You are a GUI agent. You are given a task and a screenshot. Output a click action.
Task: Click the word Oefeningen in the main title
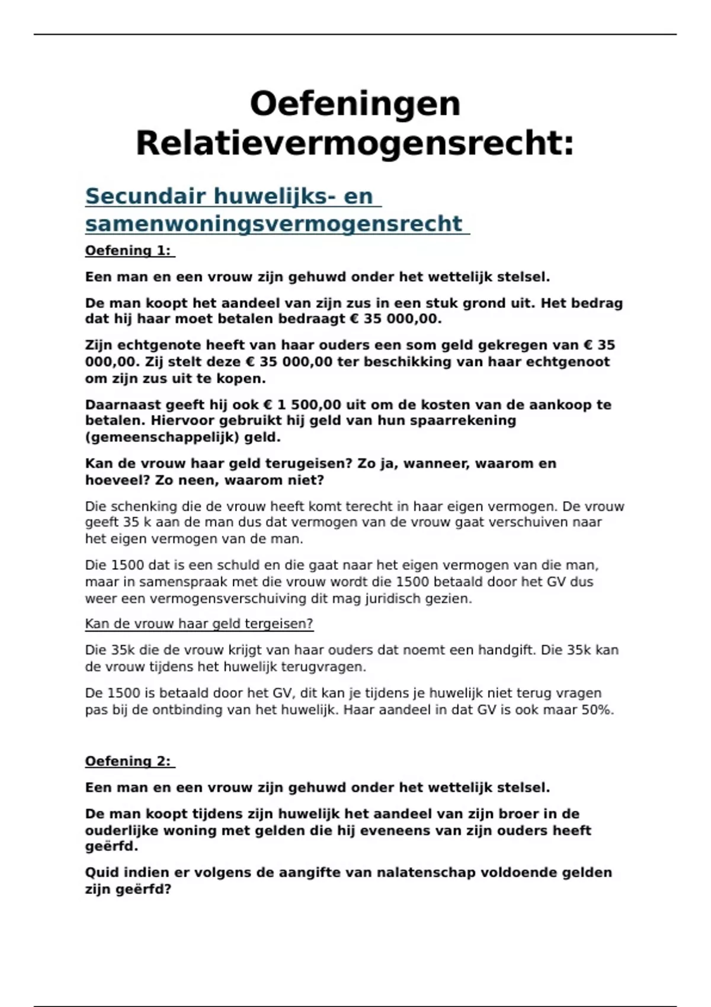[355, 104]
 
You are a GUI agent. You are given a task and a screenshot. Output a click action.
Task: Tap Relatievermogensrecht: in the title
[355, 143]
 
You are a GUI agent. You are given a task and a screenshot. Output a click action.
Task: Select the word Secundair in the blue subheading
[145, 196]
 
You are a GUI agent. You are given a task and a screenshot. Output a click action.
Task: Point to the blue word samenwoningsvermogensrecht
[273, 224]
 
